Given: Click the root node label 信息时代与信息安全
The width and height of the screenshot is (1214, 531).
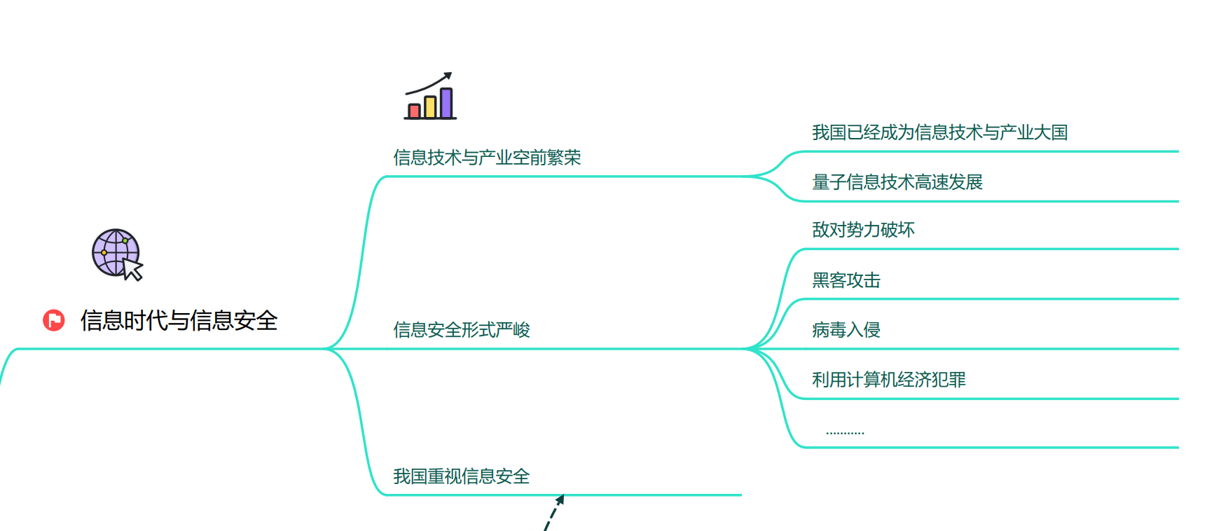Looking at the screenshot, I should click(179, 321).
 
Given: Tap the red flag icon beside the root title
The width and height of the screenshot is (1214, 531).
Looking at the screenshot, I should click(53, 320).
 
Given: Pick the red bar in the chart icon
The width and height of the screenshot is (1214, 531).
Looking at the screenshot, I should click(414, 111).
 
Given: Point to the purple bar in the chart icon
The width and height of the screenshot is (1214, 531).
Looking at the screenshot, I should click(446, 102).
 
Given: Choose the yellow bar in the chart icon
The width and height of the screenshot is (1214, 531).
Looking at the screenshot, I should click(430, 106).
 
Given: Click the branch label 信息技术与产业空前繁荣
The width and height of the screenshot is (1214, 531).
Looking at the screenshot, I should click(487, 158).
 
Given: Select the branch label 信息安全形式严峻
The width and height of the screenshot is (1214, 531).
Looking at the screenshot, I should click(461, 330).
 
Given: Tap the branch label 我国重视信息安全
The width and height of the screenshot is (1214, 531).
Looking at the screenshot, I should click(461, 476).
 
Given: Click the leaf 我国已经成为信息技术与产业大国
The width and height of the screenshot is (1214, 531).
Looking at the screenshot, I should click(939, 132).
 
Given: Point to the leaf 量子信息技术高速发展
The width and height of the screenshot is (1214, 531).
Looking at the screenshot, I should click(897, 182).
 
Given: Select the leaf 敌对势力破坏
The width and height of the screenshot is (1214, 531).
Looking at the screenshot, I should click(863, 230).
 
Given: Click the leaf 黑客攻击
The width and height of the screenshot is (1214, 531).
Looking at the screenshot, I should click(846, 280).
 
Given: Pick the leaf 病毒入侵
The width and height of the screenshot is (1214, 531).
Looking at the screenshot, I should click(846, 330).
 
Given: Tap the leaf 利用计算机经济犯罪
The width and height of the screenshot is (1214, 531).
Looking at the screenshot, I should click(888, 380).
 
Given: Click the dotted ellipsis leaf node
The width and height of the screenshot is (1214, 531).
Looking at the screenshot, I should click(845, 432).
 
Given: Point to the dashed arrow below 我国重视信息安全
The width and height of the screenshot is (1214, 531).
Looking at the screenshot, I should click(553, 513).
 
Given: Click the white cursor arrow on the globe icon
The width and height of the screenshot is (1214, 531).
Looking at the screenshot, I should click(132, 269).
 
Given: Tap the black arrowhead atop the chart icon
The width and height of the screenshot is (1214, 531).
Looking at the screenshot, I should click(448, 76).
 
